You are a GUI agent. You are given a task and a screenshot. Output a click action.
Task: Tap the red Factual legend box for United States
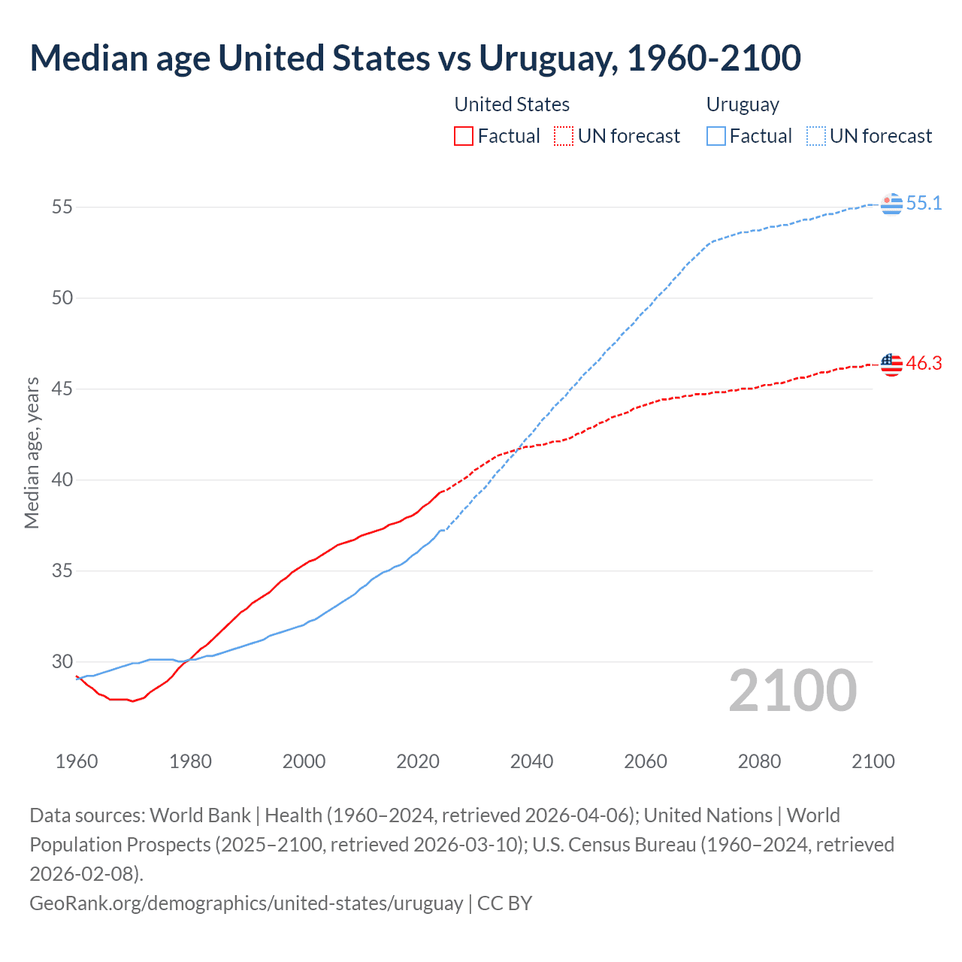[x=464, y=136]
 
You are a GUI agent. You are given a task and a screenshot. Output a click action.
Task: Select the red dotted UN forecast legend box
[x=564, y=136]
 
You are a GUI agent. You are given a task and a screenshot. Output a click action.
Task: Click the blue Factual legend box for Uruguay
[x=716, y=136]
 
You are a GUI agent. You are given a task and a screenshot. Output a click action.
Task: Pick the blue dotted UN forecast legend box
[x=815, y=136]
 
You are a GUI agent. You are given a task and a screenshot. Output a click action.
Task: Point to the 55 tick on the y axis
[x=62, y=207]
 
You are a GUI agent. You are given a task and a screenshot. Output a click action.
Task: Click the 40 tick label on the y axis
[x=62, y=480]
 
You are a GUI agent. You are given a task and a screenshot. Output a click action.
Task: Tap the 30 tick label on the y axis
[x=62, y=662]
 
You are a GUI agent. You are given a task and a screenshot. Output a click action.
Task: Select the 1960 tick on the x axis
[x=77, y=761]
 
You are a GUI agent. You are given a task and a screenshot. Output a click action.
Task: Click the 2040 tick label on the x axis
[x=531, y=761]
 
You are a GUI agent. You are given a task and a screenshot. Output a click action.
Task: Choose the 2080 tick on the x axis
[x=759, y=761]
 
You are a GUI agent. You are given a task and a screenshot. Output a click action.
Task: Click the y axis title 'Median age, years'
[x=32, y=453]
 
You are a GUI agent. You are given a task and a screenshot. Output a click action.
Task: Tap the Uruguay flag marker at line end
[x=891, y=204]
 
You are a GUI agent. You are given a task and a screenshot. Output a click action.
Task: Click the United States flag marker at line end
[x=891, y=365]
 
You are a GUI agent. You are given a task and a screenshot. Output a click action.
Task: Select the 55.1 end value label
[x=924, y=204]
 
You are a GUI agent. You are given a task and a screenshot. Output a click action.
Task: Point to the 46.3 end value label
[x=924, y=364]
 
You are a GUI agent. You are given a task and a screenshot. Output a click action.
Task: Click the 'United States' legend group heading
[x=512, y=104]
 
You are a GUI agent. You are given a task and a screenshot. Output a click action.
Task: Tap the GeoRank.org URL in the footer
[x=246, y=903]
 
